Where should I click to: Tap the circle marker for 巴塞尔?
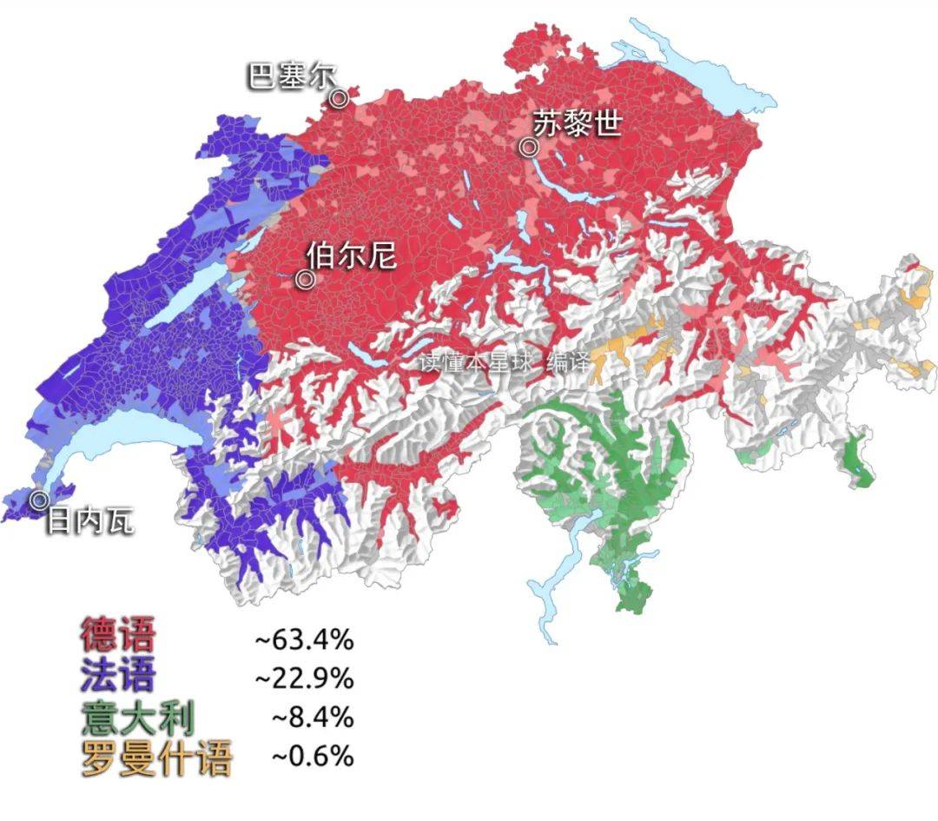[339, 98]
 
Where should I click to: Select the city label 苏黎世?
[578, 123]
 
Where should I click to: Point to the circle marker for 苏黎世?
[529, 148]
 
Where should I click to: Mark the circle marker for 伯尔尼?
[305, 280]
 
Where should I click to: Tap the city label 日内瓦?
[89, 521]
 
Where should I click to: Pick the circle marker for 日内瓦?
[39, 500]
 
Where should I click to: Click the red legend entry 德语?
[118, 635]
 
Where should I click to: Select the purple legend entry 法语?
[118, 674]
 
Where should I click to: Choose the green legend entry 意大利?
[138, 718]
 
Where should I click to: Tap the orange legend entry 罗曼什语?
[156, 758]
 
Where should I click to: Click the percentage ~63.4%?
[304, 641]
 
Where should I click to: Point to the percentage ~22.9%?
[304, 677]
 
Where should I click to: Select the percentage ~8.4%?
[313, 718]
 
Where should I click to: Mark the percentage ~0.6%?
[313, 757]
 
